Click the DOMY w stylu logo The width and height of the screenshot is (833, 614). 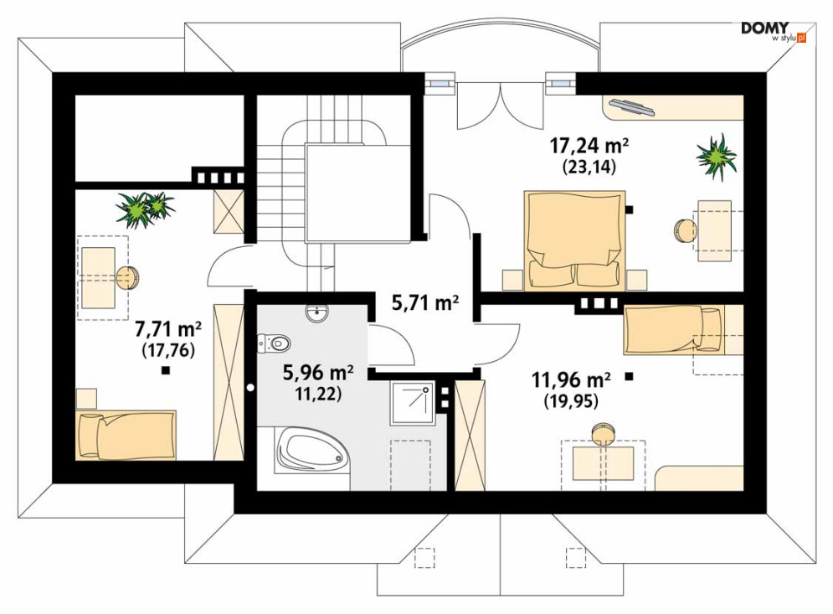(774, 32)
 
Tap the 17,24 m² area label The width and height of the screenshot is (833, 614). (589, 145)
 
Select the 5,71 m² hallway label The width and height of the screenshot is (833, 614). (425, 303)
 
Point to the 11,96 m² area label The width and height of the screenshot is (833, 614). (571, 379)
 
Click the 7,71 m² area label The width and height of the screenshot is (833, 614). (168, 329)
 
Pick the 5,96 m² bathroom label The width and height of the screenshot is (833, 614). (317, 373)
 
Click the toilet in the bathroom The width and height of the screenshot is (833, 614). (274, 343)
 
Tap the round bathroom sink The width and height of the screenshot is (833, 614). (317, 313)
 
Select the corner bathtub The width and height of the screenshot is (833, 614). (311, 451)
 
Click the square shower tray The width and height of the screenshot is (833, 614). (413, 402)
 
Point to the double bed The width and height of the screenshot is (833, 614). (574, 240)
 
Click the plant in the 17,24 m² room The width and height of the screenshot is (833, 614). (716, 157)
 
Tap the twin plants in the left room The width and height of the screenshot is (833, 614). (145, 209)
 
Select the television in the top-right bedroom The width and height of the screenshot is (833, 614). (631, 106)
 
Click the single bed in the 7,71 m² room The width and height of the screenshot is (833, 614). (126, 435)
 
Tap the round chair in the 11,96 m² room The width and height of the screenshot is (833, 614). (603, 431)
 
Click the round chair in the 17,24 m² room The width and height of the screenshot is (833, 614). (686, 231)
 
